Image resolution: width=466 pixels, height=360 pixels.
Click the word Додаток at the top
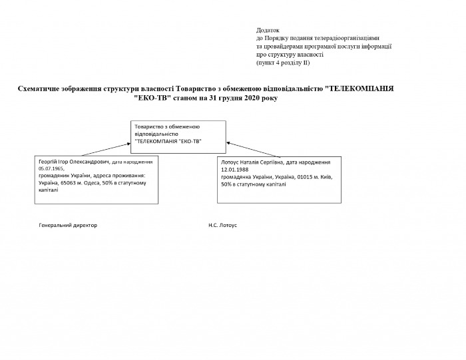[x=267, y=31]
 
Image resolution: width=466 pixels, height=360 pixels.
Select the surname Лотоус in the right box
[x=231, y=162]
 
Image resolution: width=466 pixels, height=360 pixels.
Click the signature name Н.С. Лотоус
[x=222, y=226]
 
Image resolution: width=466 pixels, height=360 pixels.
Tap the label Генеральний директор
[x=69, y=226]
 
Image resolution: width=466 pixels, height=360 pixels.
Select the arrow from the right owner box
[x=242, y=149]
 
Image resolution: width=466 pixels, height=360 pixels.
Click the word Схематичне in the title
[x=42, y=88]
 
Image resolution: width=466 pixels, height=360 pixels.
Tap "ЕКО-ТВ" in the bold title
[x=152, y=98]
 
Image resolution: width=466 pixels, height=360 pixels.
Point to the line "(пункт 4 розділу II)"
[x=283, y=63]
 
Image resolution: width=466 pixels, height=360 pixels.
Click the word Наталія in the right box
[x=256, y=162]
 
